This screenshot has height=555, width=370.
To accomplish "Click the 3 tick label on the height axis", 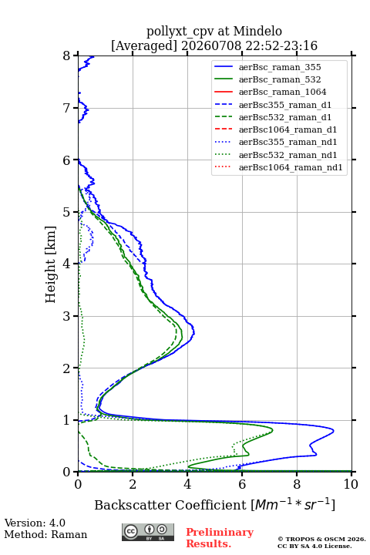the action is pyautogui.click(x=67, y=316).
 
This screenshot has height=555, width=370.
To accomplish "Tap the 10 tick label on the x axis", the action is pyautogui.click(x=351, y=484).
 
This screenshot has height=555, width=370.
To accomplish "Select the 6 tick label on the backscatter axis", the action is pyautogui.click(x=242, y=484).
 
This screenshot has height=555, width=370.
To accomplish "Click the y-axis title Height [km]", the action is pyautogui.click(x=51, y=264).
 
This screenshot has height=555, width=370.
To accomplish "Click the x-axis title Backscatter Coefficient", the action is pyautogui.click(x=170, y=505).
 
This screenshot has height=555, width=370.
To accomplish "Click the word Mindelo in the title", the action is pyautogui.click(x=257, y=32).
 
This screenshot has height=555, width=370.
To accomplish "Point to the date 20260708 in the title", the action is pyautogui.click(x=211, y=46).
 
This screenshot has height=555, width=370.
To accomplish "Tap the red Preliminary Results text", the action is pyautogui.click(x=220, y=538).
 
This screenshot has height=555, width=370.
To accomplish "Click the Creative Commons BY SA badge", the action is pyautogui.click(x=148, y=532).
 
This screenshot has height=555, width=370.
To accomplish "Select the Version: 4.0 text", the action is pyautogui.click(x=35, y=523).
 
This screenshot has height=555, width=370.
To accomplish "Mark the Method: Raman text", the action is pyautogui.click(x=45, y=534).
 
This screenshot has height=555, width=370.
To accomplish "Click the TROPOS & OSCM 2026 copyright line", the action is pyautogui.click(x=321, y=539).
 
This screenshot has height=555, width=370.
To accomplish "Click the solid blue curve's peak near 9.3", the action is pyautogui.click(x=334, y=431).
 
